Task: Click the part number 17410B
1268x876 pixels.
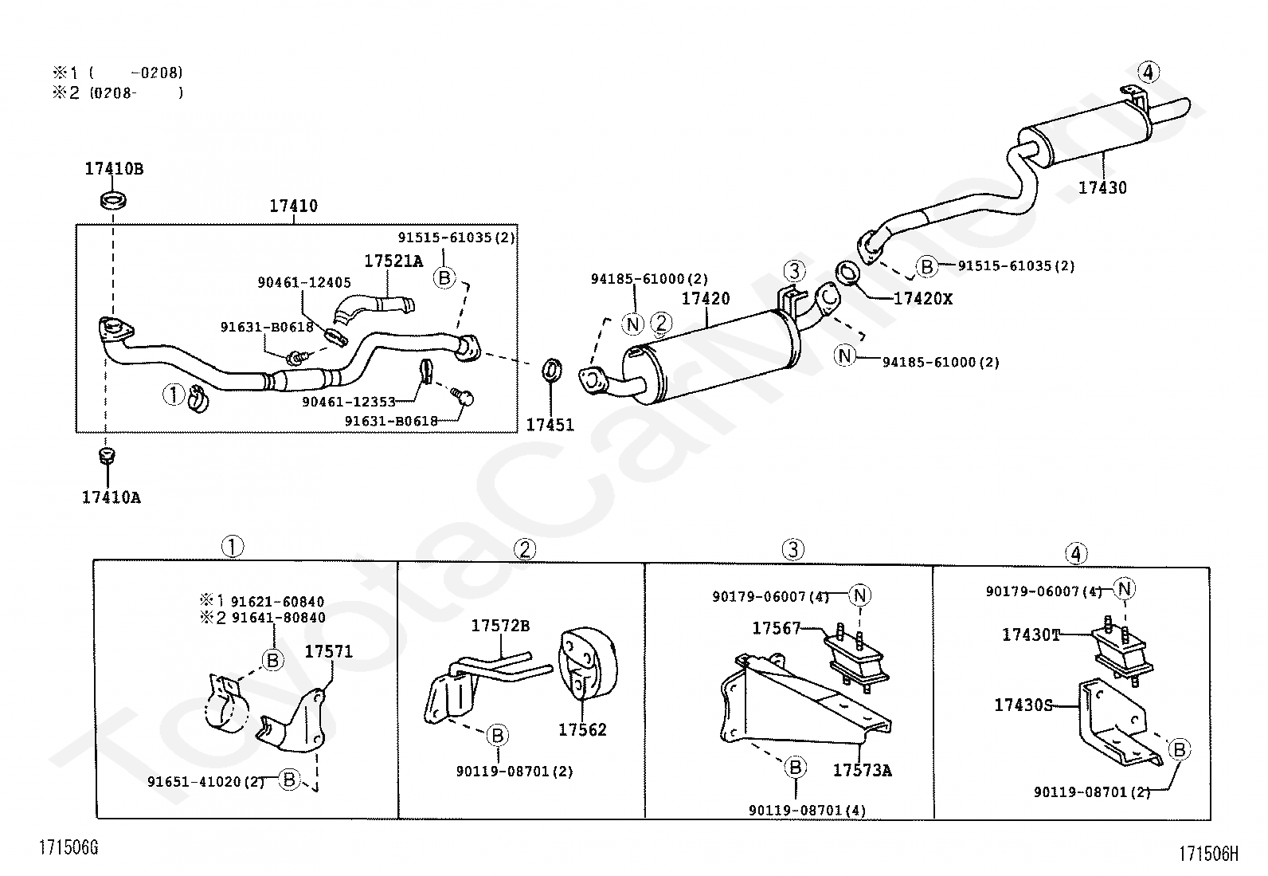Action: tap(114, 169)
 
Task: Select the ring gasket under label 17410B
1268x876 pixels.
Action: tap(113, 200)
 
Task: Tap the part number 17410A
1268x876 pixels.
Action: tap(111, 497)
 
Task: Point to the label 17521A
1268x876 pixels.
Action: tap(393, 261)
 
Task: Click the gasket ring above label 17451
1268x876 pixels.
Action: tap(551, 370)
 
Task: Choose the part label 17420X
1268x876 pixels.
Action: tap(922, 299)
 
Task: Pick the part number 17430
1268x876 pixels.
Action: tap(1102, 187)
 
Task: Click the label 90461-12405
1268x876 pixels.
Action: tap(304, 282)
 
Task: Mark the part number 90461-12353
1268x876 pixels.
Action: tap(349, 402)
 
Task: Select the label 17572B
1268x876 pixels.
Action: tap(500, 626)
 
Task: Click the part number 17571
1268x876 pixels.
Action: tap(328, 651)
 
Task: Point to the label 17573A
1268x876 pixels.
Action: tap(862, 770)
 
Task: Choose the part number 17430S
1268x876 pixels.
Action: tap(1023, 705)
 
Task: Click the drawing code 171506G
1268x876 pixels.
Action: tap(68, 847)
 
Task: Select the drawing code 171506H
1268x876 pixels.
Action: tap(1208, 854)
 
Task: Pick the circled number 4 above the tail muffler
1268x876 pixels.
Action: tap(1148, 72)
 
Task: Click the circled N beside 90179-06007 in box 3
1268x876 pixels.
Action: tap(860, 595)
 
